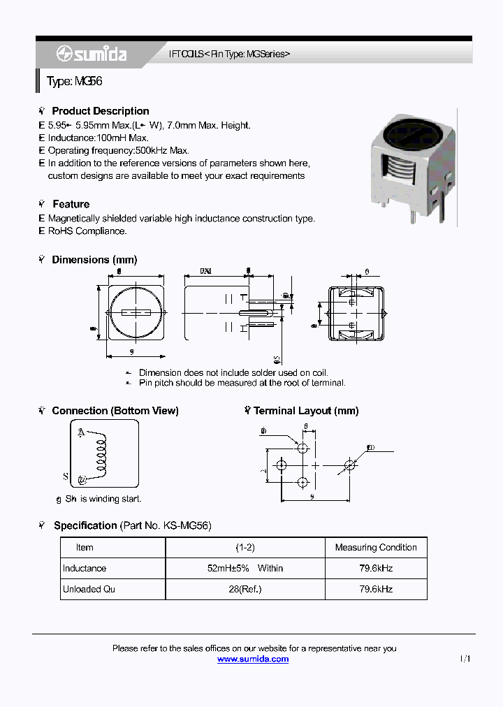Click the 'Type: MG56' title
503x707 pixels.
75,81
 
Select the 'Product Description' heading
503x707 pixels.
100,111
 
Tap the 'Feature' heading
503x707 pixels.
71,204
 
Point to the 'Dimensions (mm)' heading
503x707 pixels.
94,260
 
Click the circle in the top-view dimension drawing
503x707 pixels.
136,312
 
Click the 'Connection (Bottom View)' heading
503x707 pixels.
115,411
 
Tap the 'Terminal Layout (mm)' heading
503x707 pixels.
305,411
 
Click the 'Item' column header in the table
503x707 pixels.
85,548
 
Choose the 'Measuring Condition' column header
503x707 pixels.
376,548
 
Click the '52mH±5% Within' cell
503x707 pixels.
245,569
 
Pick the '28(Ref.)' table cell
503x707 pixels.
245,590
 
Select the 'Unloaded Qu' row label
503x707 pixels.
89,590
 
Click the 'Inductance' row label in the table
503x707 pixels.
85,569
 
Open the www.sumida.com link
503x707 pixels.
252,659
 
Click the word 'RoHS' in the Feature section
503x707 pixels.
60,231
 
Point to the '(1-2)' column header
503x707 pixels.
245,548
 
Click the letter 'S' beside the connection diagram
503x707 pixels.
66,477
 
